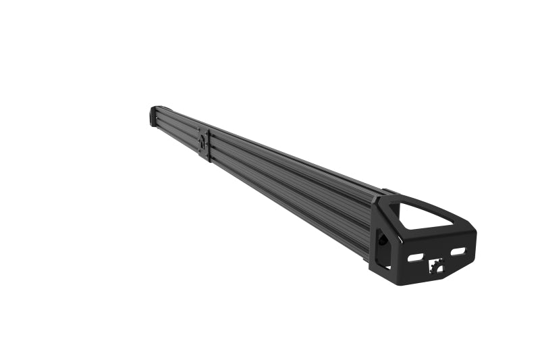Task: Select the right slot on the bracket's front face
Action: (x=458, y=251)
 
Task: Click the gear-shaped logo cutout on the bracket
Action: (x=436, y=267)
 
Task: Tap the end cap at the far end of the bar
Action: (x=153, y=116)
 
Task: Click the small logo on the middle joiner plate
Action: (x=202, y=141)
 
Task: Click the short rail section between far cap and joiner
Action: (x=177, y=128)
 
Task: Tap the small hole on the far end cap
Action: (x=152, y=117)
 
